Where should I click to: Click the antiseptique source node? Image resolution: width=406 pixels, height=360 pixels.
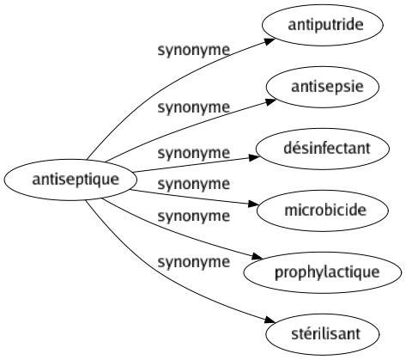pyautogui.click(x=70, y=180)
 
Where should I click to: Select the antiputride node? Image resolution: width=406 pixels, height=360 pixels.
pyautogui.click(x=323, y=25)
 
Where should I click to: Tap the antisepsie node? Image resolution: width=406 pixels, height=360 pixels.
pyautogui.click(x=323, y=87)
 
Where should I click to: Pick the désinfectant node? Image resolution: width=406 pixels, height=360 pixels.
pyautogui.click(x=323, y=149)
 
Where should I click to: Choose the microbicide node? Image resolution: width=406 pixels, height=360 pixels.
pyautogui.click(x=323, y=211)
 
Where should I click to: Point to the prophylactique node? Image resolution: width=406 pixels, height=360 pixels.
pyautogui.click(x=323, y=272)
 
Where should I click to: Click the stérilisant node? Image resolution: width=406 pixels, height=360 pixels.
pyautogui.click(x=323, y=334)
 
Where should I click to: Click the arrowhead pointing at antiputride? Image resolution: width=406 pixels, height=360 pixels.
pyautogui.click(x=270, y=41)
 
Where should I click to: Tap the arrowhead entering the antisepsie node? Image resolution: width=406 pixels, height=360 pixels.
pyautogui.click(x=270, y=101)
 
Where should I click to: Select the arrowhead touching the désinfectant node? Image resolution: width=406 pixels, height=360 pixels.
pyautogui.click(x=254, y=157)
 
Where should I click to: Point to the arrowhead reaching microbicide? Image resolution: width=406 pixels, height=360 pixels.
pyautogui.click(x=253, y=204)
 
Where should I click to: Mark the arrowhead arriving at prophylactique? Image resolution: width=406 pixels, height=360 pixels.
pyautogui.click(x=257, y=256)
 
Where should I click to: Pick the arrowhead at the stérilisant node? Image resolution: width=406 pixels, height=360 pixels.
pyautogui.click(x=270, y=320)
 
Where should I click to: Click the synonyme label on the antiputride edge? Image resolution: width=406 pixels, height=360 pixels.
pyautogui.click(x=194, y=51)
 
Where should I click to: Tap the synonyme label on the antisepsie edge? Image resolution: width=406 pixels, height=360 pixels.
pyautogui.click(x=194, y=108)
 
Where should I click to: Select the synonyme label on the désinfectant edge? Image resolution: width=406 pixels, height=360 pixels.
pyautogui.click(x=194, y=153)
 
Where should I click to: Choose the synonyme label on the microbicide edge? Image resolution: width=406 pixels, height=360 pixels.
pyautogui.click(x=194, y=184)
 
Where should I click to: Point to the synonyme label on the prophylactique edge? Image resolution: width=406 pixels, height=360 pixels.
pyautogui.click(x=194, y=217)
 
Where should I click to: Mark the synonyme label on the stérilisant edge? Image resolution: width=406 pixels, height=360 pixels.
pyautogui.click(x=194, y=262)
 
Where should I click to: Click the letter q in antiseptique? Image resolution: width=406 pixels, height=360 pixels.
pyautogui.click(x=100, y=181)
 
